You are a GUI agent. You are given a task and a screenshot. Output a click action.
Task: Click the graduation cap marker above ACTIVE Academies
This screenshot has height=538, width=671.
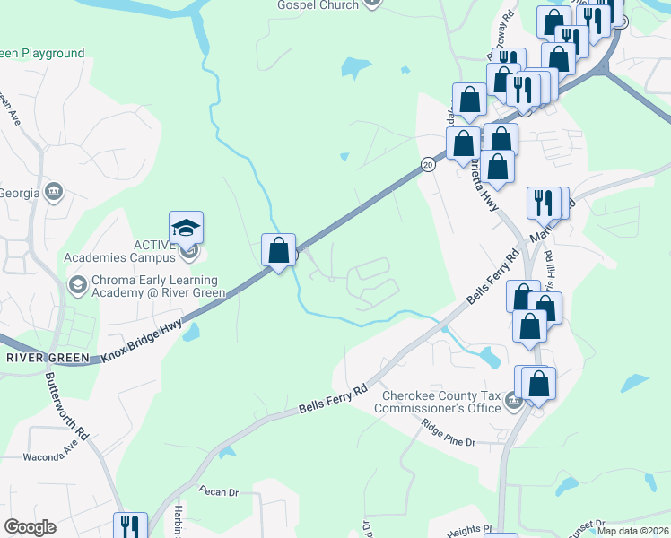pyautogui.click(x=186, y=228)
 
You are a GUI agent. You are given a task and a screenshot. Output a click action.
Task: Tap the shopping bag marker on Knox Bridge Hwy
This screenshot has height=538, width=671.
pyautogui.click(x=278, y=248)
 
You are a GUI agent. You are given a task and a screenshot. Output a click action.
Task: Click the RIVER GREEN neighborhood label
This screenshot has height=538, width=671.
pyautogui.click(x=48, y=359)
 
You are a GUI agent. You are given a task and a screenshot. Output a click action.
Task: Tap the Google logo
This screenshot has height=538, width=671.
pyautogui.click(x=30, y=527)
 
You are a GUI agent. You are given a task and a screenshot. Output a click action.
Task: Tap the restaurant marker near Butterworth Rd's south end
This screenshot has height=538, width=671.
pyautogui.click(x=130, y=526)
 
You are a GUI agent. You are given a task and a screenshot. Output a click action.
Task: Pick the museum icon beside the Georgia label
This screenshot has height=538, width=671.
pyautogui.click(x=54, y=191)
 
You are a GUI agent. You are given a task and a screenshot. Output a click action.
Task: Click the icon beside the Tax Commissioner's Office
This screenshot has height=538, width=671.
pyautogui.click(x=513, y=399)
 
